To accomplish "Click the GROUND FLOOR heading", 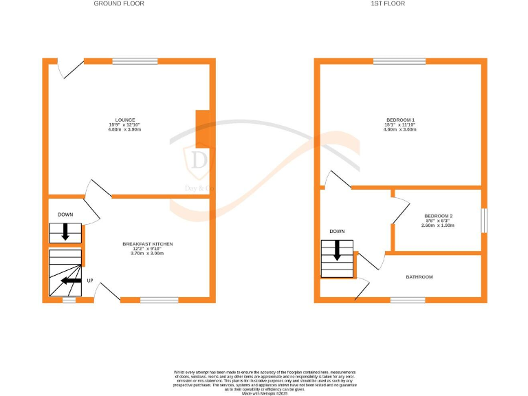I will click(119, 3).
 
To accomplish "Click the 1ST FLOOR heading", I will click(388, 3).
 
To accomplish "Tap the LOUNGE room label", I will click(125, 119).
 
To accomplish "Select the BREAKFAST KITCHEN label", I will click(147, 244).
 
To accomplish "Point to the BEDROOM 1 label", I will click(399, 119).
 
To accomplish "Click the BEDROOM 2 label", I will click(438, 215).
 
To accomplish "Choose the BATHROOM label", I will click(419, 277).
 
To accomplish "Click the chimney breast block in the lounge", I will click(203, 129).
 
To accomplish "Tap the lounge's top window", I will click(135, 61).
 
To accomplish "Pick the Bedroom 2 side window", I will click(484, 220).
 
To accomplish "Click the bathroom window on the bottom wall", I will click(408, 300).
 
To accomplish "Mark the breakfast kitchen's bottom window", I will click(159, 300).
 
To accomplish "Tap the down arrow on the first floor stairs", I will click(337, 252).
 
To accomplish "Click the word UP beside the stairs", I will click(90, 280).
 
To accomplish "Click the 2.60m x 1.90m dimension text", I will click(438, 225).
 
